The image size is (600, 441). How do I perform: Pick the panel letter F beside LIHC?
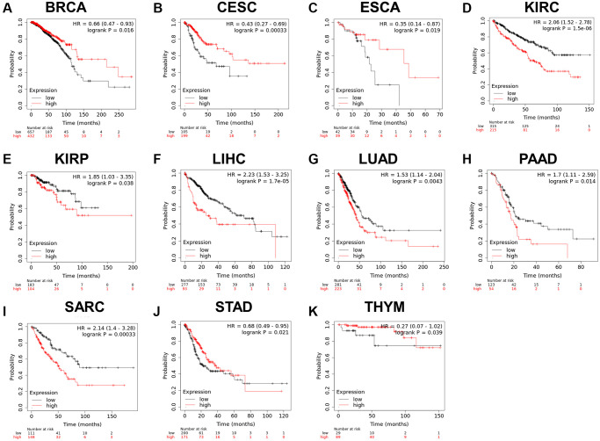pyautogui.click(x=156, y=161)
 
